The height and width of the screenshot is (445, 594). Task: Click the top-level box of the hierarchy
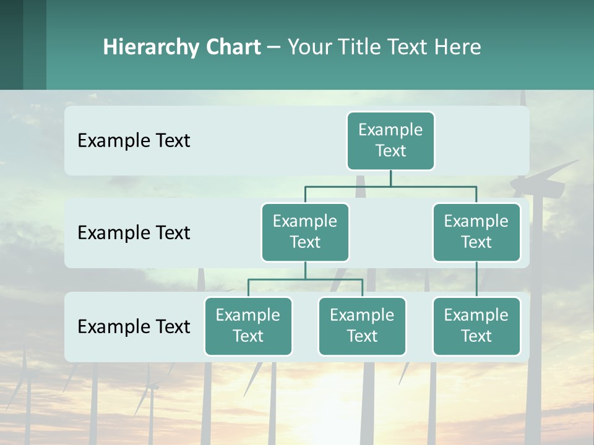[x=390, y=140]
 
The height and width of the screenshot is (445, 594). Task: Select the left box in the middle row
[x=305, y=232]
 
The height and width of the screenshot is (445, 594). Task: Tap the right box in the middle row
[x=476, y=232]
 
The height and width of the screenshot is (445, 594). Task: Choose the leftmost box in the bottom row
[x=248, y=326]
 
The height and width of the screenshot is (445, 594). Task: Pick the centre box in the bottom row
[x=362, y=326]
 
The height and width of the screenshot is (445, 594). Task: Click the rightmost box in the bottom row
[x=476, y=326]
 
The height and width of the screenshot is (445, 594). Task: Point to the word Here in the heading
[x=458, y=47]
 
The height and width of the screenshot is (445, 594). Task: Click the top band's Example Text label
[x=134, y=141]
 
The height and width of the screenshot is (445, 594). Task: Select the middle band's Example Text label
[x=134, y=233]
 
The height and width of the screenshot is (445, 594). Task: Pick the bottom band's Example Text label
[x=134, y=326]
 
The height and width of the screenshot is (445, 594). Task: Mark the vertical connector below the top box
[x=390, y=178]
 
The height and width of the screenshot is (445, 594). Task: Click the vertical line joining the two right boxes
[x=476, y=279]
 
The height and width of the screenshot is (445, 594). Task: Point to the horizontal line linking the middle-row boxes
[x=390, y=186]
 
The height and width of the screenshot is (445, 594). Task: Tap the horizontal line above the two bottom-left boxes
[x=305, y=279]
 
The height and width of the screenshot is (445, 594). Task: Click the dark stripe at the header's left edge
[x=11, y=44]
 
